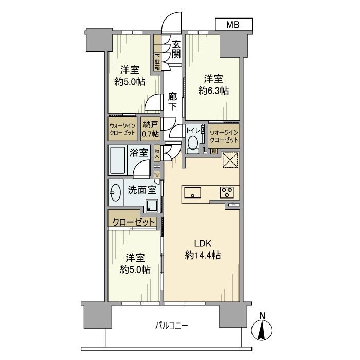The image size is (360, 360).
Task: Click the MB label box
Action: coord(233,24)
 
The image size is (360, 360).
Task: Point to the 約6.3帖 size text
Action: coord(213,91)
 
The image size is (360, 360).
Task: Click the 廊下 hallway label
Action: coord(173,101)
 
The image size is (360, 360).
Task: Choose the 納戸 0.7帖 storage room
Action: coord(150,129)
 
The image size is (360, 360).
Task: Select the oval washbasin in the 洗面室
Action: coord(115,193)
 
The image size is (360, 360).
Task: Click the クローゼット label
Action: coord(132,222)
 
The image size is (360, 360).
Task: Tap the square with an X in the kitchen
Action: coord(229,160)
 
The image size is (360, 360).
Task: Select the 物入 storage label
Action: coord(157,153)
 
